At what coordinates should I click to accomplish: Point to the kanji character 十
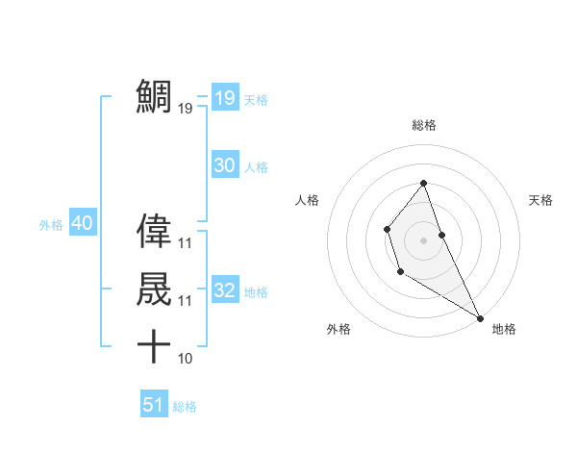154,346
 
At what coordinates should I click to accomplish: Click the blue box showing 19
224,97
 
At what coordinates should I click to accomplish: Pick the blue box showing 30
224,165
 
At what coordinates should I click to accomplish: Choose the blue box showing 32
224,290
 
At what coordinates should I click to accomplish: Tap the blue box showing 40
82,223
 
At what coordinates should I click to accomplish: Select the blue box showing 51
154,405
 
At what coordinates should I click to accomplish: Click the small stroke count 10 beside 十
186,359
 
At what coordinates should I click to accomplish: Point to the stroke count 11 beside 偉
186,243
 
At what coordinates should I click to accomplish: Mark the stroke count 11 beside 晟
186,301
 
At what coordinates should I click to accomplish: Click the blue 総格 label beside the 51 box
185,407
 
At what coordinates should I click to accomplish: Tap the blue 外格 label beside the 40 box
51,225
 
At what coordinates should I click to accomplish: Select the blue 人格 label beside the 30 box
256,167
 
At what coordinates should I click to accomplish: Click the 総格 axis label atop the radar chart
424,125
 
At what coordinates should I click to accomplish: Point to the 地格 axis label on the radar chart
504,329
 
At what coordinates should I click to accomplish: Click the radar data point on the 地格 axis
480,317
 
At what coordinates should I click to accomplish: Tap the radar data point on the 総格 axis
424,183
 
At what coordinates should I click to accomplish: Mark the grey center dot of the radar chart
424,239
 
